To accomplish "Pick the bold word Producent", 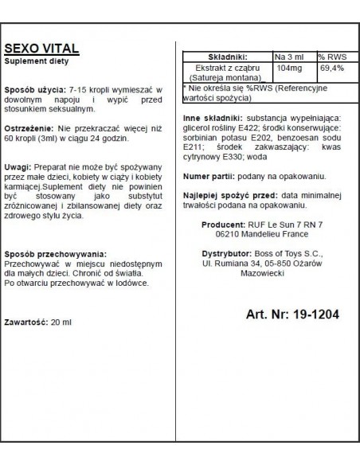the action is pos(223,225).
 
